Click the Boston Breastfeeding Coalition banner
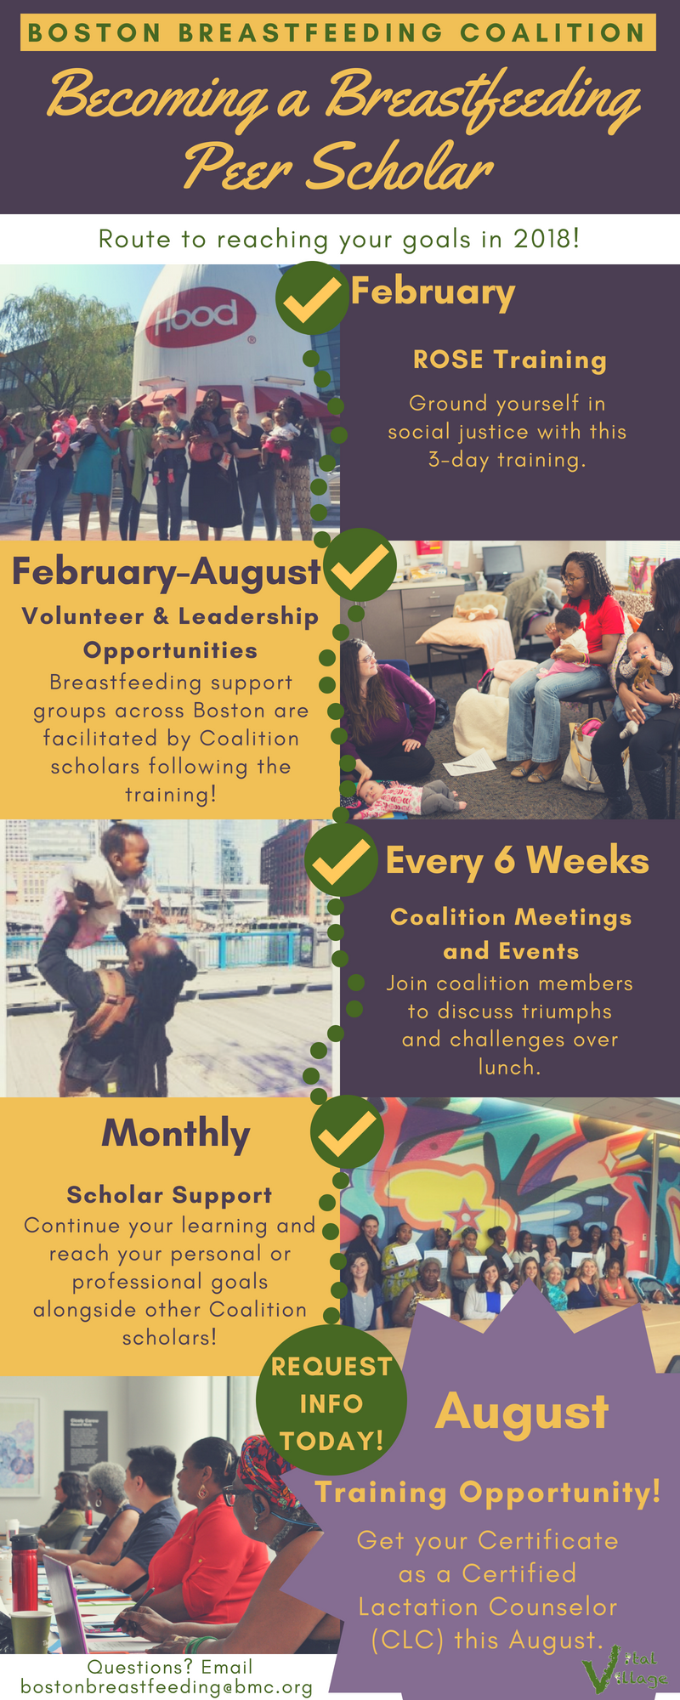click(337, 33)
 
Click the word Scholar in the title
click(399, 167)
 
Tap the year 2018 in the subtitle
click(547, 239)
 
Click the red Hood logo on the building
click(201, 319)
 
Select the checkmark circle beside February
click(312, 297)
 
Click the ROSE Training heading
click(510, 360)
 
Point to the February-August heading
click(167, 571)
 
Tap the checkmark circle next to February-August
click(360, 564)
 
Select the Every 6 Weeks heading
click(517, 861)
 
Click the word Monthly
click(176, 1134)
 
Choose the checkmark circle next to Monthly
click(347, 1131)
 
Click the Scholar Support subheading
click(170, 1195)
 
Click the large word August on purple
click(522, 1412)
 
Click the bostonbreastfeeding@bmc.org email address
click(167, 1686)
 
